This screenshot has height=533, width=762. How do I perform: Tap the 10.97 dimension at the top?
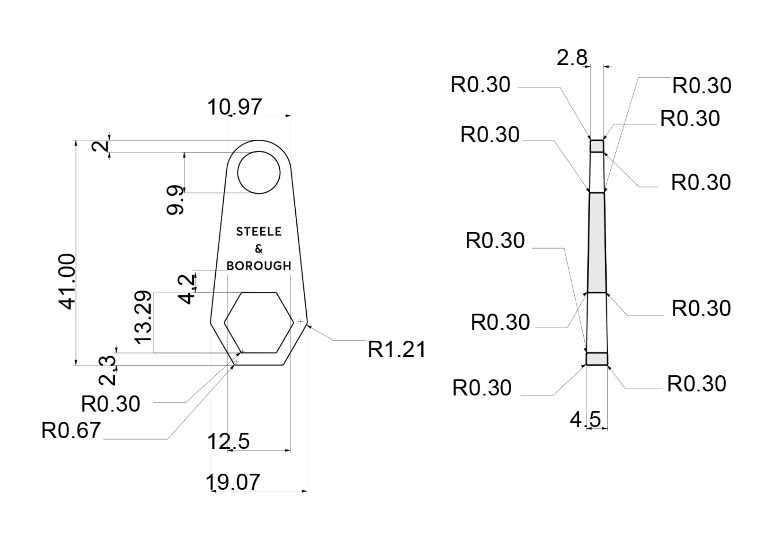234,107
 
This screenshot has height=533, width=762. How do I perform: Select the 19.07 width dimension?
233,482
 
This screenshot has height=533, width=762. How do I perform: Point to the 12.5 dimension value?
228,442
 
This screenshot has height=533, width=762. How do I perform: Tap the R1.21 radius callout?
396,349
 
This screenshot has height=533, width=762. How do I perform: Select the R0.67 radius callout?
71,431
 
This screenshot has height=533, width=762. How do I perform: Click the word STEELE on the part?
259,231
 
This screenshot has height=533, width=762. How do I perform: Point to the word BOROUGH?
259,266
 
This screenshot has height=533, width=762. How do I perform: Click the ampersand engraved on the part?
259,249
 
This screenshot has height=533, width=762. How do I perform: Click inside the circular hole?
259,172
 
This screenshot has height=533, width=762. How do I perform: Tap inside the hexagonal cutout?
259,322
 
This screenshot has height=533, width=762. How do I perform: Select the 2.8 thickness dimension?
572,58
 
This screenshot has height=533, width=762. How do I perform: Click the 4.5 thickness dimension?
585,420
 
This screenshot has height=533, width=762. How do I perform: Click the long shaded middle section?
597,243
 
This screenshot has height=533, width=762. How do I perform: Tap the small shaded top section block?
597,146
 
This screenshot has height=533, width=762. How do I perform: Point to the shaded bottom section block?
597,359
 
